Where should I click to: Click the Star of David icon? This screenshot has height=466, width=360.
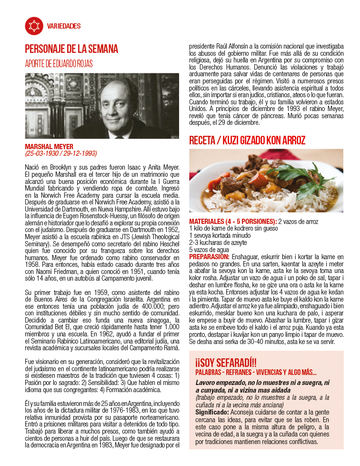33,26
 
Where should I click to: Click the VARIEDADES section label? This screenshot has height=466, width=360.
64,26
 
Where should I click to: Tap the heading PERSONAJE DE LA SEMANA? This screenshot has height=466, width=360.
71,49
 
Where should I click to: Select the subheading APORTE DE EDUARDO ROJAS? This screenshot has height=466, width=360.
59,64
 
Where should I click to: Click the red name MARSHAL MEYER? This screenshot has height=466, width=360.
50,146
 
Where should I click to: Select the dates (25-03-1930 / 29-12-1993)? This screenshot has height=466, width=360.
61,153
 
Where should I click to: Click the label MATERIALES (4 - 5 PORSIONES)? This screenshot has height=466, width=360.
232,222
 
